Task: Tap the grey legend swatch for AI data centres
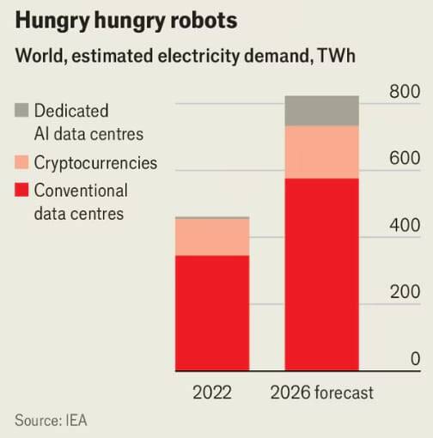(x=21, y=110)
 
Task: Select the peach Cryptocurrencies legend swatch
(x=21, y=161)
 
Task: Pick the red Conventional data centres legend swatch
(x=21, y=190)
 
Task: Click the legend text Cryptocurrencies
(x=95, y=161)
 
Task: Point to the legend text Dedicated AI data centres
(x=88, y=122)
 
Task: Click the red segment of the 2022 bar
(x=212, y=313)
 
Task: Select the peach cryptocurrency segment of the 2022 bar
(x=212, y=237)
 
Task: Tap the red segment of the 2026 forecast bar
(x=321, y=275)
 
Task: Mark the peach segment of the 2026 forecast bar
(x=321, y=152)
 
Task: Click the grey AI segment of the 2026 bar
(x=321, y=111)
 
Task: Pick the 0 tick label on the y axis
(x=415, y=359)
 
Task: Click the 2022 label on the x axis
(x=212, y=392)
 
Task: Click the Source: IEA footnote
(x=51, y=421)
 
